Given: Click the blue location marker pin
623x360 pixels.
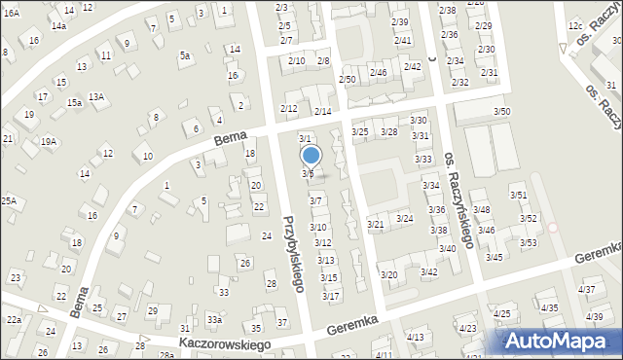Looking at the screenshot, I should click(x=311, y=155).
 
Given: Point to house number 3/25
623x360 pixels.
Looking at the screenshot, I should click(x=359, y=131).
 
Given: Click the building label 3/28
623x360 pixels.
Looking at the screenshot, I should click(x=389, y=131).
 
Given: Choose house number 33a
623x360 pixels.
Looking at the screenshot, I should click(x=214, y=319).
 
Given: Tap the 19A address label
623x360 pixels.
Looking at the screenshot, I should click(x=49, y=142).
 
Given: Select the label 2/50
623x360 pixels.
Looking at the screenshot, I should click(x=347, y=79).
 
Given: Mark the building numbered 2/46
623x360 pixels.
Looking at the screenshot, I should click(x=379, y=72).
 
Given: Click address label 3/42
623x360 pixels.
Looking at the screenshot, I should click(x=428, y=271).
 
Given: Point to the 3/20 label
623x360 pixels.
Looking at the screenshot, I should click(x=388, y=275).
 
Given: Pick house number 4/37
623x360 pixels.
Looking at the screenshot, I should click(x=586, y=289).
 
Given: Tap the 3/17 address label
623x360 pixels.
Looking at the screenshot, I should click(x=330, y=296).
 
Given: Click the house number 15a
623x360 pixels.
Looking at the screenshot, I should click(x=73, y=102).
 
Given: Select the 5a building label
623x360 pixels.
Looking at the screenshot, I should click(x=184, y=55).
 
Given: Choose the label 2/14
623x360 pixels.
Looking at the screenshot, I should click(x=322, y=112).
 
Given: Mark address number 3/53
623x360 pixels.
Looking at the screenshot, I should click(x=528, y=242).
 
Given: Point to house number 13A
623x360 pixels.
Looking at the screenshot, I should click(x=96, y=96).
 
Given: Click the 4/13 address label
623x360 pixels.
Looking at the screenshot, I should click(x=416, y=337).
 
